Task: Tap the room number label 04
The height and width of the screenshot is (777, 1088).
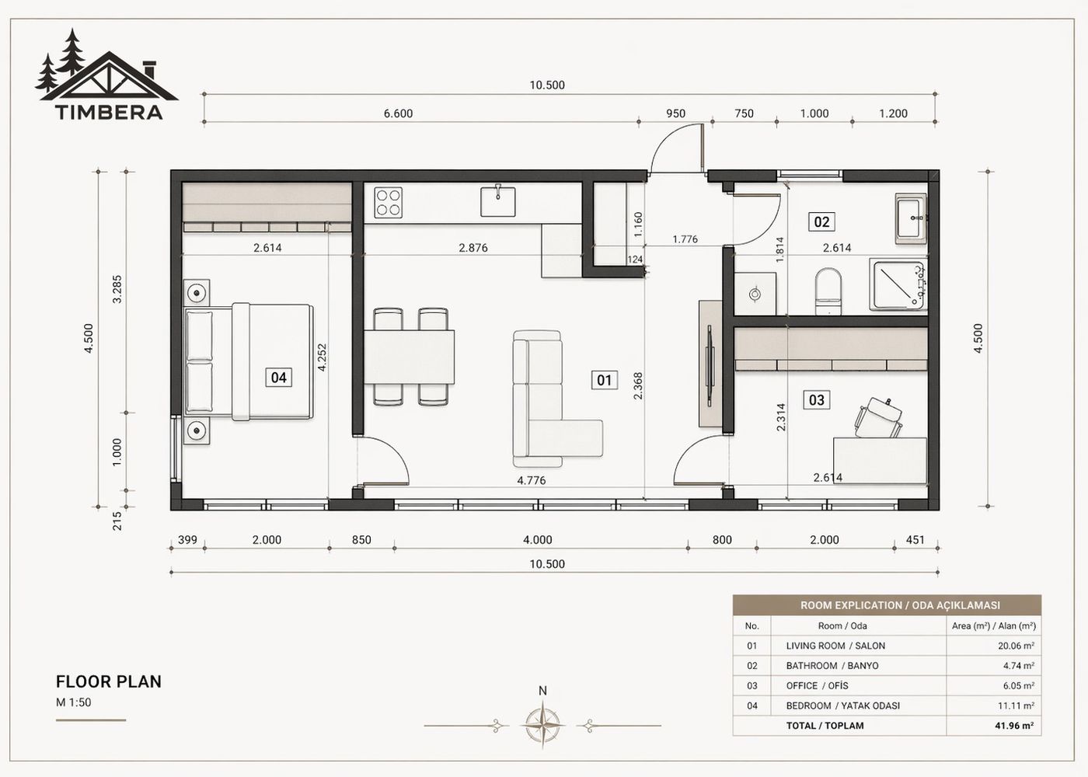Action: tap(278, 378)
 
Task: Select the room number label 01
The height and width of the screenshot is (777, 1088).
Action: tap(604, 380)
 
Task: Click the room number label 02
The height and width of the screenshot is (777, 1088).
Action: tap(821, 222)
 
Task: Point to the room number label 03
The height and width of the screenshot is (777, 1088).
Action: tap(817, 400)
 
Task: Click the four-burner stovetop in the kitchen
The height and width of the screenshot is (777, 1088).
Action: tap(389, 202)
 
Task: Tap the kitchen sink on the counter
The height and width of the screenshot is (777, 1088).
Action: tap(497, 201)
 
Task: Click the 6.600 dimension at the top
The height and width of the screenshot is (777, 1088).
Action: tap(398, 113)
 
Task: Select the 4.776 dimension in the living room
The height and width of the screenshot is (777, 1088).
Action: tap(532, 480)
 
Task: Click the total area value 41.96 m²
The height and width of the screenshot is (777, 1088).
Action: tap(1017, 726)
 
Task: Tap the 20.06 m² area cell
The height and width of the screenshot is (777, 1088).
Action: tap(1017, 646)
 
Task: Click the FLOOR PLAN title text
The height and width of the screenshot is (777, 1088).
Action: tap(109, 681)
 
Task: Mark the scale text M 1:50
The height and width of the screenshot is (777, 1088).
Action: tap(74, 702)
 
